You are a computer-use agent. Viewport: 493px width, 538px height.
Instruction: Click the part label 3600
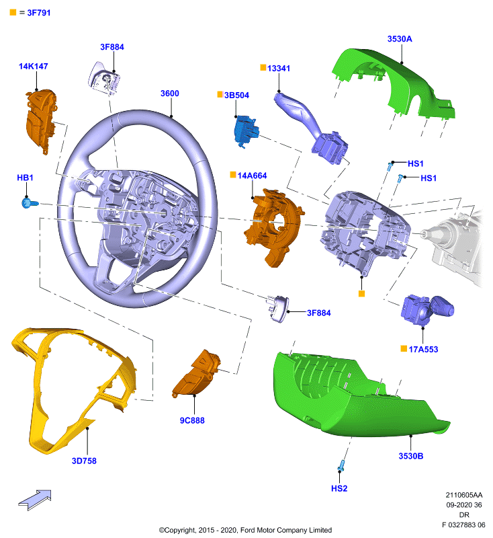point(169,93)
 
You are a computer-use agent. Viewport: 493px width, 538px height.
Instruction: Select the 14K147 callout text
point(33,66)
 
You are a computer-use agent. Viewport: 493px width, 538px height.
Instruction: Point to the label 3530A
point(400,39)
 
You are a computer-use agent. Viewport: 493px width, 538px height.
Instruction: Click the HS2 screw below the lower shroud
point(341,465)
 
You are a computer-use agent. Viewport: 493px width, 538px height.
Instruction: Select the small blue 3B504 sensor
point(246,131)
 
